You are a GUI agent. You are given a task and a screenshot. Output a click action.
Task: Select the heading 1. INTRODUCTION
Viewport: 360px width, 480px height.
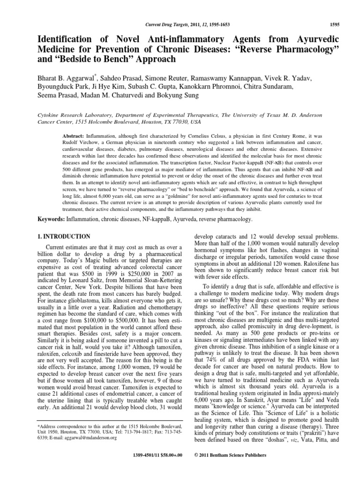pyautogui.click(x=64, y=237)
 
